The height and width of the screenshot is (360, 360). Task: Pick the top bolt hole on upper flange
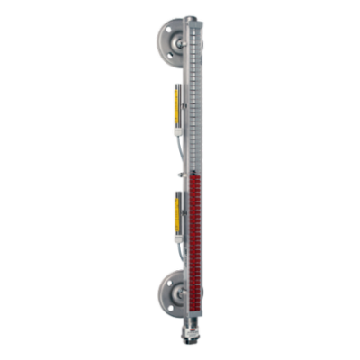166,28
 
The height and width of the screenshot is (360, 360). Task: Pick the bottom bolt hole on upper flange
166,56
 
